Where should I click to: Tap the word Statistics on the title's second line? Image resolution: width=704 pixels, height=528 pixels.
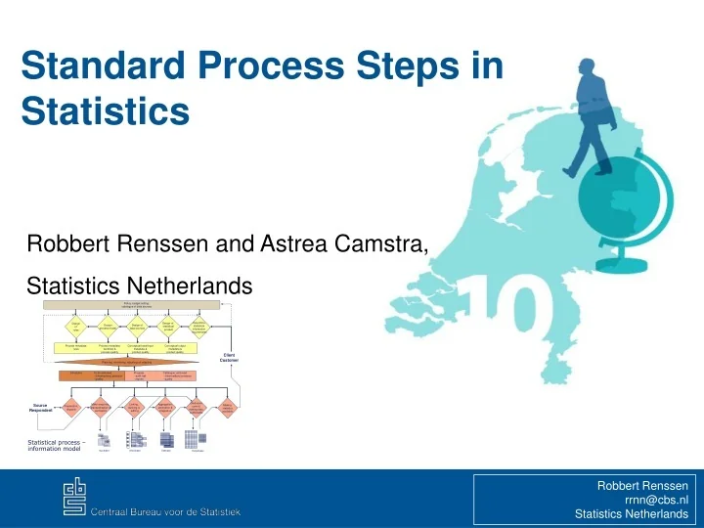(x=105, y=109)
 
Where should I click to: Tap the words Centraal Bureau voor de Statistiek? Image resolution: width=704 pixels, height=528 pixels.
(x=165, y=512)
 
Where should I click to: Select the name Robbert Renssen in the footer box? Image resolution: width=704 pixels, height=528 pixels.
(x=642, y=485)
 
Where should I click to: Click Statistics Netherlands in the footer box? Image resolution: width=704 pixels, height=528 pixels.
(x=632, y=514)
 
